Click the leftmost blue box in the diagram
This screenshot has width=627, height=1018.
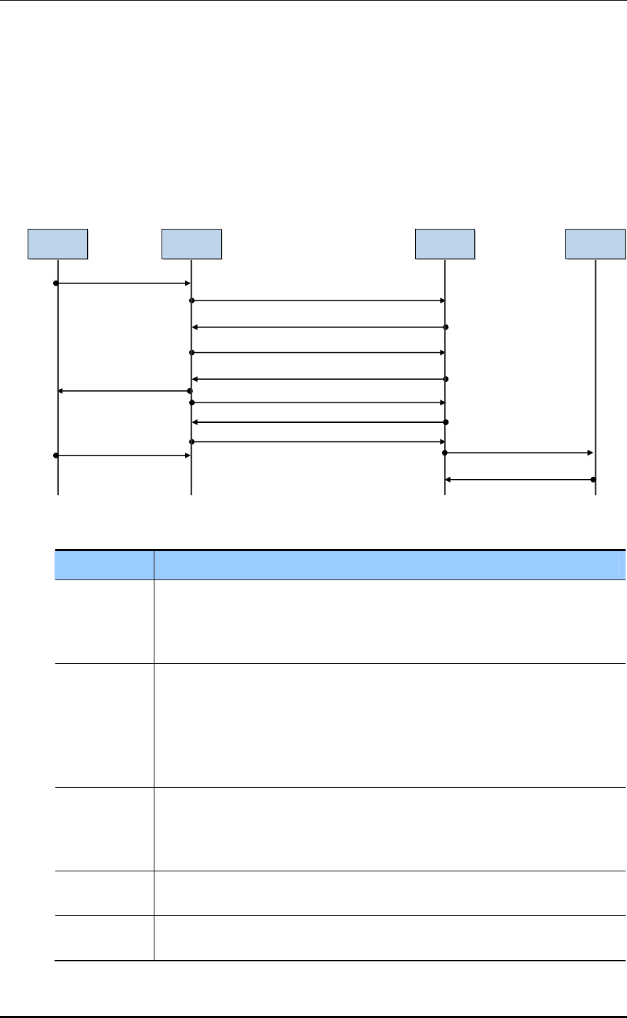57,244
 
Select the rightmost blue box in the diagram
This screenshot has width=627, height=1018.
595,244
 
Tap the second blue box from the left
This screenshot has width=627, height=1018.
191,244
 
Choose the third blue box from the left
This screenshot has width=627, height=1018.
445,244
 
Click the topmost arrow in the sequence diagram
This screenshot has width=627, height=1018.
123,283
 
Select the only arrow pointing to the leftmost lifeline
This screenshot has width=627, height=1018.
124,391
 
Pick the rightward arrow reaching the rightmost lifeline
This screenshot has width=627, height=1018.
519,452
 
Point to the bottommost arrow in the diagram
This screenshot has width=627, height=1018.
519,480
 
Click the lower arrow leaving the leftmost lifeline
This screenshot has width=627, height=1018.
123,456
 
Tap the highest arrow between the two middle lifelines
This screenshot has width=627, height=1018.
318,301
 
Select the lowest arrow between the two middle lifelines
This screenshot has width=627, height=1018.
318,442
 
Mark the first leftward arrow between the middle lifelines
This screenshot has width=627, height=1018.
318,327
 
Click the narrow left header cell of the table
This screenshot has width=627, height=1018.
104,565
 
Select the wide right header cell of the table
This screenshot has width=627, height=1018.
390,565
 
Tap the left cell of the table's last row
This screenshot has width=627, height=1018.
104,938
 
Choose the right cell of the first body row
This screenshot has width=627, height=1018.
390,622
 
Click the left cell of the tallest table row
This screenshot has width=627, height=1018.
104,725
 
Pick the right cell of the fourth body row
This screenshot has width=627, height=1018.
390,893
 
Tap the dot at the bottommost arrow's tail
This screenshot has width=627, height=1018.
594,480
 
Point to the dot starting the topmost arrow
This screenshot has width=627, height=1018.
55,283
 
